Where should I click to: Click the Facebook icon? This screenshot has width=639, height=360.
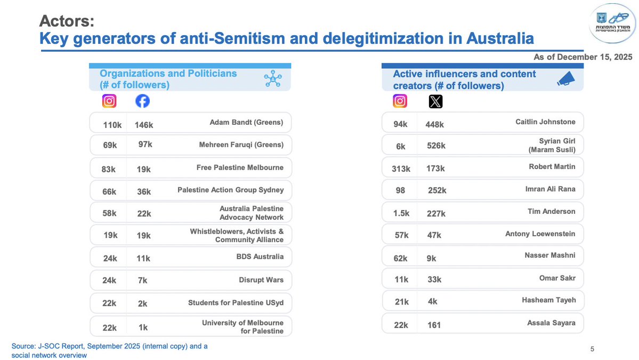pos(142,101)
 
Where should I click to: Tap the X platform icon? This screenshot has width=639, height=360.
pos(435,101)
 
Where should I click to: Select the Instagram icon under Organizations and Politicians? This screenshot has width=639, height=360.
pos(109,101)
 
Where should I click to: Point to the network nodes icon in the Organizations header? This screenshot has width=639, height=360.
pos(273,79)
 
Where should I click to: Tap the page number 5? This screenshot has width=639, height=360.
pos(592,349)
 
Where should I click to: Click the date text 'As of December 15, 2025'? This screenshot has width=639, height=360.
pos(583,57)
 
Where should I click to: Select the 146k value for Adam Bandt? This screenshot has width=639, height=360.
pos(144,125)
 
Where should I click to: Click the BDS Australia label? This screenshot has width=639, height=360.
pos(260,257)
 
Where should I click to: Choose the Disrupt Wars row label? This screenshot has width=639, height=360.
pos(261,279)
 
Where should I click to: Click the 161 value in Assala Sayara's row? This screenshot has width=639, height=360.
pos(434,325)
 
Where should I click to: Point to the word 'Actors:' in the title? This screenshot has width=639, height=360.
pos(67,22)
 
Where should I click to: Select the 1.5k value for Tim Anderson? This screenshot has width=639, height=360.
pos(401,213)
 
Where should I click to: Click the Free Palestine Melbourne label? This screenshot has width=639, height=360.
pos(240,167)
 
